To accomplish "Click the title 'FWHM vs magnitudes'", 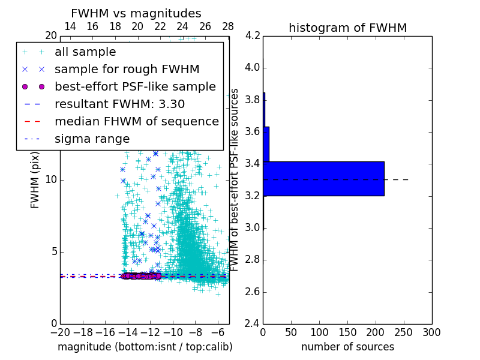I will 136,13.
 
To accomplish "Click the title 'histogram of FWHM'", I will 347,28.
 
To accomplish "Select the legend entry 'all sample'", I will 85,52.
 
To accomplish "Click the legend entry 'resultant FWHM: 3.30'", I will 119,104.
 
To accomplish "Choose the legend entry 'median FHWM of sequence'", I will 136,122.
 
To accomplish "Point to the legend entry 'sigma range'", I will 92,139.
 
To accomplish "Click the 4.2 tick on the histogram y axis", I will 253,35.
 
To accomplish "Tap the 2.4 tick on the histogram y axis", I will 253,324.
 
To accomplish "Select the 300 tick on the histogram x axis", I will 431,332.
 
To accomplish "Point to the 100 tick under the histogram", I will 319,332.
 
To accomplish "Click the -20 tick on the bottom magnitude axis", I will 60,332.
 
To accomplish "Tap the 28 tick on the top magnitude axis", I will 228,27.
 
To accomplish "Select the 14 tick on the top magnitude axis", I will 70,27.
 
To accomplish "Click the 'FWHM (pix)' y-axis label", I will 35,180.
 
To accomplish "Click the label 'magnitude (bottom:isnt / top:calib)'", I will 145,347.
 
